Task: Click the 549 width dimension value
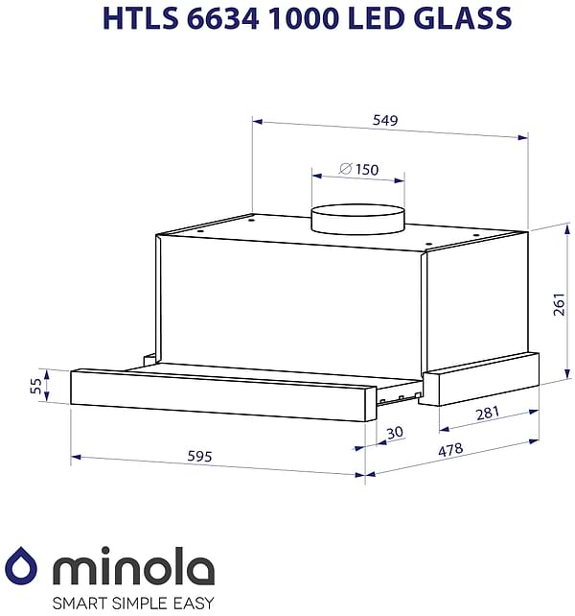click(385, 121)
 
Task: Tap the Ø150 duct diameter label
click(359, 170)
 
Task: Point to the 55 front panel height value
click(36, 385)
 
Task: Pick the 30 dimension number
click(395, 433)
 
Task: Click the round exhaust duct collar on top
click(357, 218)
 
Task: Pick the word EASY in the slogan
click(195, 604)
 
